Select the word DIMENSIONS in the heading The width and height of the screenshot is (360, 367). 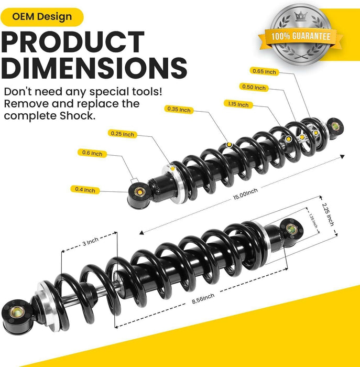tap(94, 68)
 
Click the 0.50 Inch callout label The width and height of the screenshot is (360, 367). tap(254, 88)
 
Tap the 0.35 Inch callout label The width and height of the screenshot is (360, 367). tap(179, 110)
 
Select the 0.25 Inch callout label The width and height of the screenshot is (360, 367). tap(122, 134)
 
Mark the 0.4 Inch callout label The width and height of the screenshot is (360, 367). tap(84, 190)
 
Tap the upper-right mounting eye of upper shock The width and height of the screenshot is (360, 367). tap(333, 126)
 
